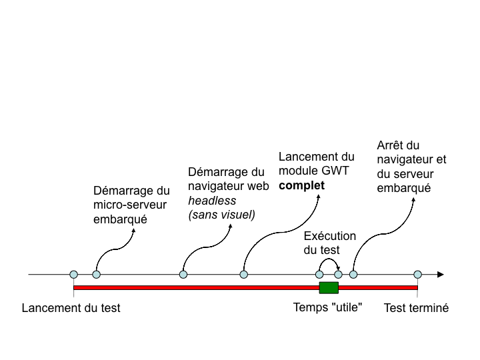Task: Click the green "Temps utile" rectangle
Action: pyautogui.click(x=329, y=287)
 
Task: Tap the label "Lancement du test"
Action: pyautogui.click(x=71, y=309)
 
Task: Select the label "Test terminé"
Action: pyautogui.click(x=417, y=309)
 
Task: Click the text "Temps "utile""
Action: pyautogui.click(x=327, y=309)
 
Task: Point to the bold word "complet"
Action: pyautogui.click(x=301, y=185)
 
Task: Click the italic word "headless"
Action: pyautogui.click(x=207, y=200)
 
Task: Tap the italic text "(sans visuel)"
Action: pyautogui.click(x=222, y=214)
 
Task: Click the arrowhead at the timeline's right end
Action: pyautogui.click(x=440, y=274)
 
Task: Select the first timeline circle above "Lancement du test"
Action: pyautogui.click(x=73, y=274)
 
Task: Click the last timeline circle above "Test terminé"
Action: pyautogui.click(x=417, y=274)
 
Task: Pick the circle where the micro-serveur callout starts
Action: pyautogui.click(x=97, y=274)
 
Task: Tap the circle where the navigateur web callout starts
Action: pyautogui.click(x=183, y=274)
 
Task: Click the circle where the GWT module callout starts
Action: pyautogui.click(x=244, y=274)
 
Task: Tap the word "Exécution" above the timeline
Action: pyautogui.click(x=330, y=236)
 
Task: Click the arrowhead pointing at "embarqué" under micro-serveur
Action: pyautogui.click(x=134, y=229)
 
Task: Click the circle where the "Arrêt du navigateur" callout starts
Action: pyautogui.click(x=353, y=274)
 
